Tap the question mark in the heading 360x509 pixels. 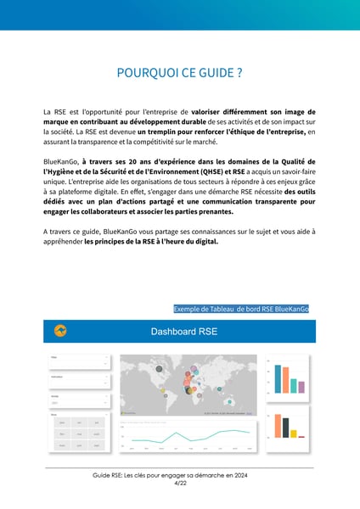click(x=239, y=73)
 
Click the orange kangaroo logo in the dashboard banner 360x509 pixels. click(x=60, y=331)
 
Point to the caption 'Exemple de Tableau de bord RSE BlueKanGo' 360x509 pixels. click(x=240, y=310)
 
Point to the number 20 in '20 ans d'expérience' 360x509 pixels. click(x=135, y=161)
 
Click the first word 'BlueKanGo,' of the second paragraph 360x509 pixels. click(x=60, y=161)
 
